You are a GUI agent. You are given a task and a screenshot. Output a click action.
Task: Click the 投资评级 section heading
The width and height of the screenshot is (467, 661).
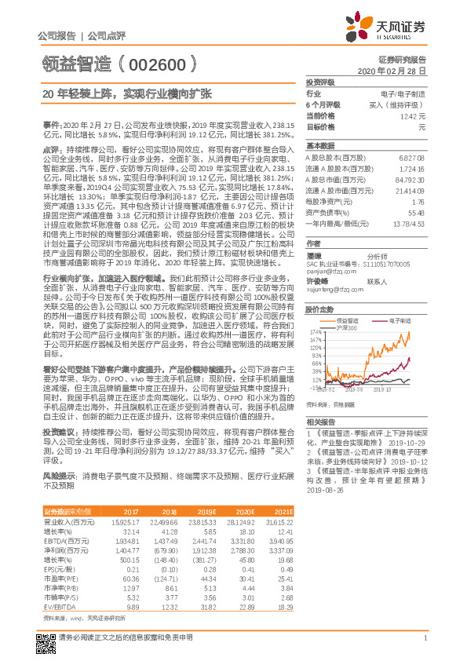point(320,82)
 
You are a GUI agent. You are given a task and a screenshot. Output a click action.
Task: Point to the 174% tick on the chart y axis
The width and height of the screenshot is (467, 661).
point(316,332)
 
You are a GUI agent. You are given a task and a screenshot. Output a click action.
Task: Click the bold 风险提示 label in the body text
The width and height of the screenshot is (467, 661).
point(59,476)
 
